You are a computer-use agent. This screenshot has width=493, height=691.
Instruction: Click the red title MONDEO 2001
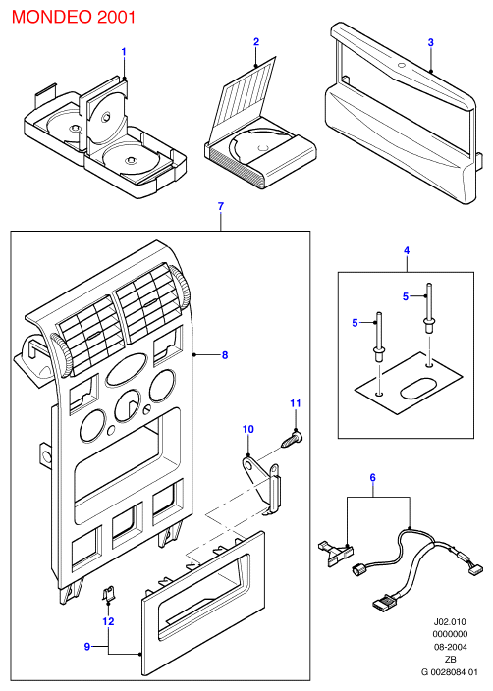point(74,17)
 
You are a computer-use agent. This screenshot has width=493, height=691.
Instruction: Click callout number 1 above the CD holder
point(124,52)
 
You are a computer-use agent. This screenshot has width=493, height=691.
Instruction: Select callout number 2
point(256,42)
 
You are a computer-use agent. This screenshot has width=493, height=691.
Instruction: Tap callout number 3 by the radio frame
point(431,42)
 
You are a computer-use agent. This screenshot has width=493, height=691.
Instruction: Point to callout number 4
point(407,250)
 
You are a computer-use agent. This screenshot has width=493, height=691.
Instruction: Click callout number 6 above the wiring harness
point(372,477)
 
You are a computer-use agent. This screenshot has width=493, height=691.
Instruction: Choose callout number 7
point(221,206)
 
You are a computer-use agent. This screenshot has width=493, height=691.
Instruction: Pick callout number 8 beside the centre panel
point(225,354)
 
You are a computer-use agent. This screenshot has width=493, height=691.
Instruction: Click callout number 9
point(87,646)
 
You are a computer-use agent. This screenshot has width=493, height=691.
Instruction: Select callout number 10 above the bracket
point(248,429)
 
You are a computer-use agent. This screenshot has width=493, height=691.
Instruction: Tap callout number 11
point(296,403)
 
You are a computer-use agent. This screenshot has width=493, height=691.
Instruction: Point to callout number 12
point(108,621)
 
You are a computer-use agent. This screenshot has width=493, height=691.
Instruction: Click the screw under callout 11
point(292,441)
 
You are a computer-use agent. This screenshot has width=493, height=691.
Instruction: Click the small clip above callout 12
point(108,593)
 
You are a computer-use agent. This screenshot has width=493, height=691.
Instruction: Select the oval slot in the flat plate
point(416,386)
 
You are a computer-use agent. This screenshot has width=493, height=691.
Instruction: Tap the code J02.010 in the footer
point(450,622)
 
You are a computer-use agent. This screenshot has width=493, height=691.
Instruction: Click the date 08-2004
point(450,647)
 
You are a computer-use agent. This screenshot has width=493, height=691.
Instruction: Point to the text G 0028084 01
point(450,672)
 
